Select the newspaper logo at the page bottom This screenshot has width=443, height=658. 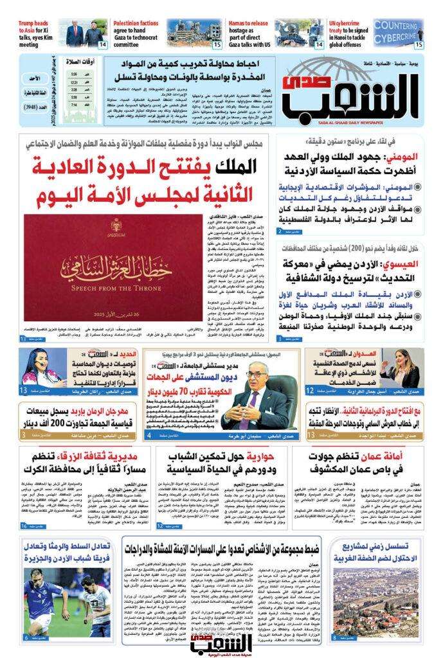click(219, 639)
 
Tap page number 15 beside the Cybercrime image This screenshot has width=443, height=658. click(418, 45)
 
